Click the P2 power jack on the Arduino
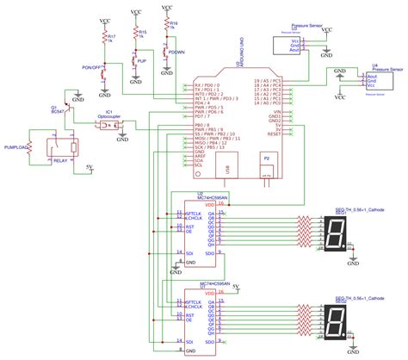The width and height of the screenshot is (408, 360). click(266, 164)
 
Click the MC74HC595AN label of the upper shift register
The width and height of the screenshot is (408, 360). click(212, 198)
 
